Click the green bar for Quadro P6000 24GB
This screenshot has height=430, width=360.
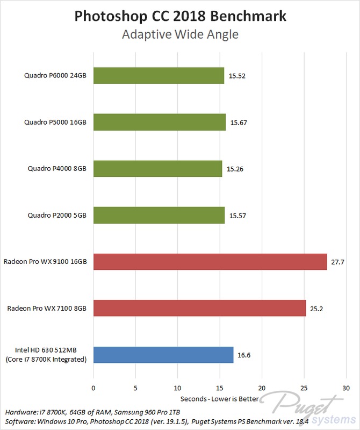[159, 76]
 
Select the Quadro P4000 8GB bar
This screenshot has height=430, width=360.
[157, 169]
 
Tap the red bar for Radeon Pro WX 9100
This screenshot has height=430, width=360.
[210, 262]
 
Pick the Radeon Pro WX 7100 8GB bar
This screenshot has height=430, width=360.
[199, 308]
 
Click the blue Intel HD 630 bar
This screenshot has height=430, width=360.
[163, 355]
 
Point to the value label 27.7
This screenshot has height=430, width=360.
[337, 262]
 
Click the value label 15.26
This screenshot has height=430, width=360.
[235, 169]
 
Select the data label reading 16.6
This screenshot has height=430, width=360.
[244, 355]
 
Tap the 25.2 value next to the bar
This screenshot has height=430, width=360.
[316, 309]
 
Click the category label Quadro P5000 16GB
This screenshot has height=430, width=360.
[55, 123]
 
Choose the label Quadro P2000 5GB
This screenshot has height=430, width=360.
[57, 216]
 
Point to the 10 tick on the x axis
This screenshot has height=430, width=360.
[177, 388]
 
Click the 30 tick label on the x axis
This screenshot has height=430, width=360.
[346, 388]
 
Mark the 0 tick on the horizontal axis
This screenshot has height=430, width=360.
[93, 388]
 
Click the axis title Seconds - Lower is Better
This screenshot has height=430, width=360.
[220, 399]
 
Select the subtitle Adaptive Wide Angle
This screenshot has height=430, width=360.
[180, 34]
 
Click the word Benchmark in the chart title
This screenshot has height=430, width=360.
[248, 16]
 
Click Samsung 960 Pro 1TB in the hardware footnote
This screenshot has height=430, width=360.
[147, 412]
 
